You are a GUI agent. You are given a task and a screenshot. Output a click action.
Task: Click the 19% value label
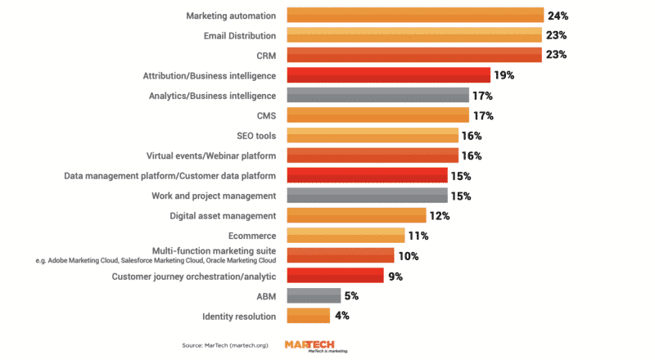[504, 75]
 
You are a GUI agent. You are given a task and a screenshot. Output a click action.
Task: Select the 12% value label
[440, 215]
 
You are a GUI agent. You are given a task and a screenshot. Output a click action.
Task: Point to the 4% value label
[341, 316]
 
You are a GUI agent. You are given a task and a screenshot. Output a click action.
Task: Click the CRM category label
[265, 56]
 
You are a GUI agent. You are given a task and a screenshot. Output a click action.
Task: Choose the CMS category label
[265, 115]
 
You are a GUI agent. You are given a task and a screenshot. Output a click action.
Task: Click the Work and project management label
[214, 196]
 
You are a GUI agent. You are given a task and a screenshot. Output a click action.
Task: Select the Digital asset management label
[223, 215]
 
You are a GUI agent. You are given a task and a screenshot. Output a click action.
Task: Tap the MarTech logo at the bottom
[316, 346]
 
